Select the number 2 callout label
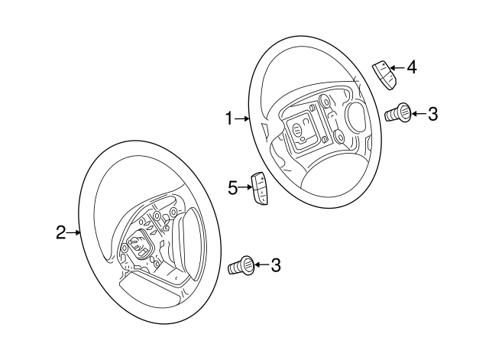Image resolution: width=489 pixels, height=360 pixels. [61, 232]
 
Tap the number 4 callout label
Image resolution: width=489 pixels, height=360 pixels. [411, 67]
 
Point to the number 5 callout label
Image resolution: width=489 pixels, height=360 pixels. [233, 186]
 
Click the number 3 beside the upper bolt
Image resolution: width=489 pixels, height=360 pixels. [432, 115]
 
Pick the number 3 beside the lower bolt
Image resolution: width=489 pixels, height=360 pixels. [276, 265]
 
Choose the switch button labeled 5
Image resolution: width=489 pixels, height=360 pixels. [259, 191]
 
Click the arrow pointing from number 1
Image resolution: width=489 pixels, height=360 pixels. [242, 118]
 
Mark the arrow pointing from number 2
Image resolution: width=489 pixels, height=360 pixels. [75, 232]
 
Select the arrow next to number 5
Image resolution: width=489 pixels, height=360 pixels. [246, 186]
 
